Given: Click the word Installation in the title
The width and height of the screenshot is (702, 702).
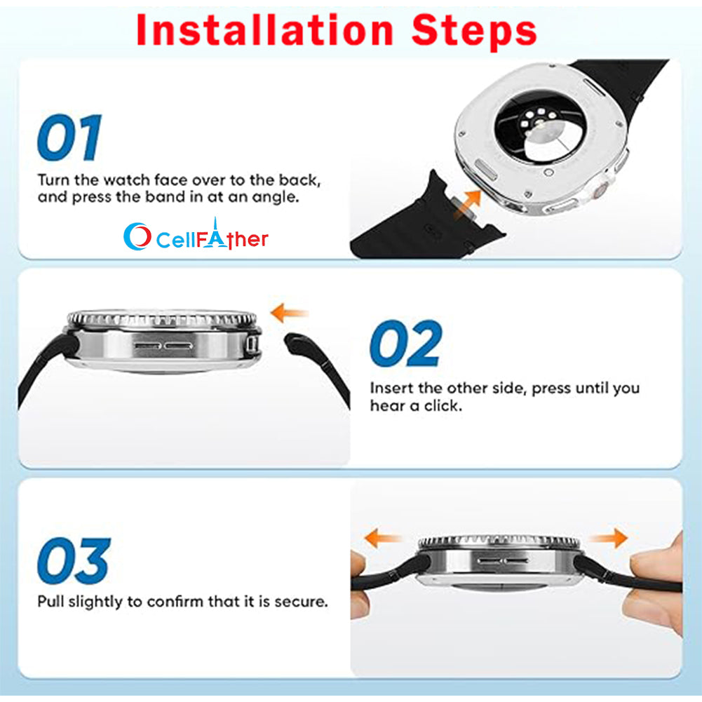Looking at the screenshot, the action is tap(264, 30).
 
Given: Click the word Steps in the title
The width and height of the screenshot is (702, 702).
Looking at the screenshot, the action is tap(474, 32).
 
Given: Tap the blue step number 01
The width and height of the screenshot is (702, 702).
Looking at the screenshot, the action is tap(69, 137).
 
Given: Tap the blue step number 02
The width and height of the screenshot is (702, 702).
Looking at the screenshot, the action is tap(405, 344).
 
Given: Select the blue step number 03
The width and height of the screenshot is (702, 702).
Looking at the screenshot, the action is tap(74, 560).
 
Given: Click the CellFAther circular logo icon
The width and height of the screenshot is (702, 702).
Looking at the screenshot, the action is tap(137, 236).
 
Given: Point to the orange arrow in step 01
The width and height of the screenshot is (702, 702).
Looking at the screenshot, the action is tap(467, 204).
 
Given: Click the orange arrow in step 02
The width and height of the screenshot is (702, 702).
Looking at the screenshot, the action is tap(290, 313).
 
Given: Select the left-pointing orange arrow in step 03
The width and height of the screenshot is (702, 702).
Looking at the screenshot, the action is tap(383, 538).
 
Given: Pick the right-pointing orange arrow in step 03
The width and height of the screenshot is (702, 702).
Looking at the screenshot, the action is tap(609, 538).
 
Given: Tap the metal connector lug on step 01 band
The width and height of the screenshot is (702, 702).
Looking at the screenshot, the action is tap(462, 207).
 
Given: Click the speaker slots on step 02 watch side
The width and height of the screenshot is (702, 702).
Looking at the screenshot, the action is tap(163, 346).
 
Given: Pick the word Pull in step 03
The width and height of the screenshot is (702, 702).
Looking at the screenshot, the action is tap(50, 601).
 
